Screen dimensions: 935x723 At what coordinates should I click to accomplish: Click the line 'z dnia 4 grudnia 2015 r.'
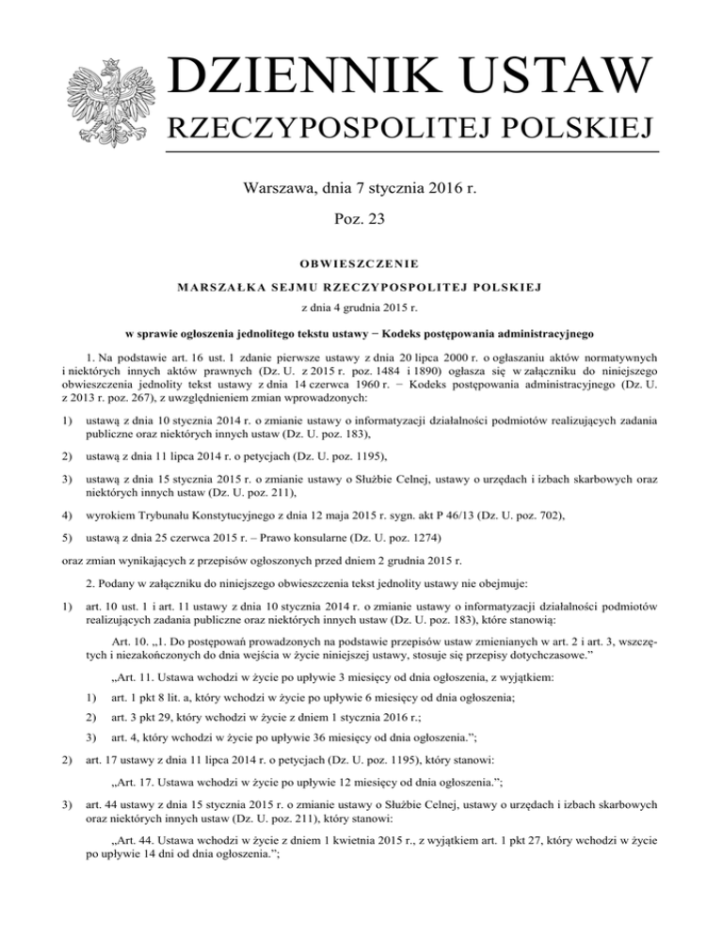click(x=361, y=308)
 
